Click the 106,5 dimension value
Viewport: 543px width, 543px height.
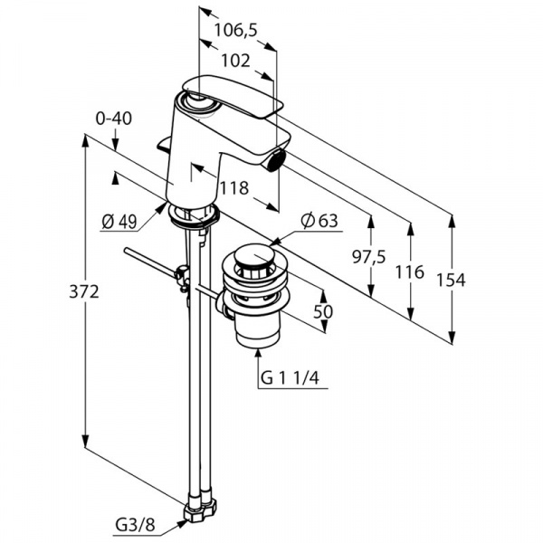click(x=235, y=30)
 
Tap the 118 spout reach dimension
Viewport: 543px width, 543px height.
click(x=233, y=187)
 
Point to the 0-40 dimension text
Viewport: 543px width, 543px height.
click(x=113, y=117)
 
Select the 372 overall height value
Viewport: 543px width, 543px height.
click(x=82, y=291)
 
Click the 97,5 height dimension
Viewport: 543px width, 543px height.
click(x=369, y=258)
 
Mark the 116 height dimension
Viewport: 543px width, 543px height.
click(x=410, y=272)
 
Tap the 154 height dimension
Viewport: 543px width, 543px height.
click(x=450, y=281)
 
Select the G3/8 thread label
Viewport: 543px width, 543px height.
click(x=134, y=522)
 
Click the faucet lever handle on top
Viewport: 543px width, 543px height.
click(x=232, y=94)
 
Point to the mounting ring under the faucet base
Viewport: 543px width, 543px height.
click(x=193, y=216)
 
